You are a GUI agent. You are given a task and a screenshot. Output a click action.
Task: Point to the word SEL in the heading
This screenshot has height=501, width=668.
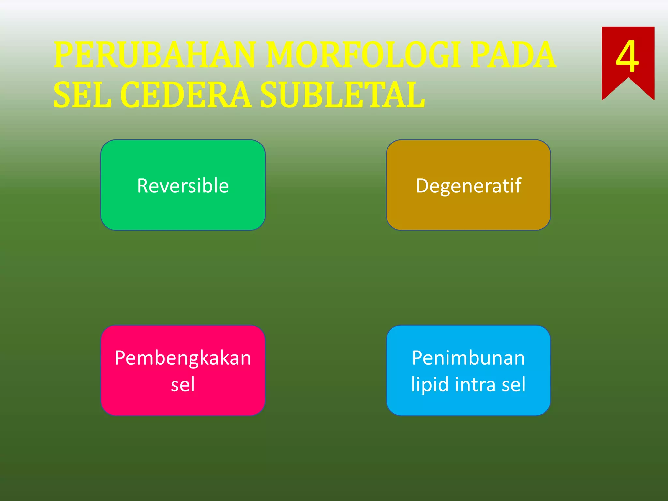pyautogui.click(x=82, y=95)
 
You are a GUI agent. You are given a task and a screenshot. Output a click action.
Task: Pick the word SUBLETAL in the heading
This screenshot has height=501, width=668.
pyautogui.click(x=342, y=95)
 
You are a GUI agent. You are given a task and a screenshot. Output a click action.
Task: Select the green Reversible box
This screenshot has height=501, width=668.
pyautogui.click(x=183, y=212)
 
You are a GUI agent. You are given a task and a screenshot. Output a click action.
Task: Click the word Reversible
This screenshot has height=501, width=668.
pyautogui.click(x=183, y=186)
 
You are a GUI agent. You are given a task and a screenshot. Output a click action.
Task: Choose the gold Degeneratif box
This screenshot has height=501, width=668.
pyautogui.click(x=468, y=212)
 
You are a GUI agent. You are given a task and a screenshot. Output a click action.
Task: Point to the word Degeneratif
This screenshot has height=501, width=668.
pyautogui.click(x=468, y=186)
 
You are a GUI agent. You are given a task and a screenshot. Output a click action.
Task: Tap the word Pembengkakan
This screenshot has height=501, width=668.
pyautogui.click(x=183, y=358)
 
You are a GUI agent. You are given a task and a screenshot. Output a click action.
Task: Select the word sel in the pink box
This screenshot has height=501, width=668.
pyautogui.click(x=183, y=384)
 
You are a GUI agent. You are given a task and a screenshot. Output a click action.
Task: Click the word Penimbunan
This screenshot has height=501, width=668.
pyautogui.click(x=468, y=358)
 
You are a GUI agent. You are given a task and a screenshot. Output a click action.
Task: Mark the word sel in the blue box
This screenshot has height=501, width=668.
pyautogui.click(x=513, y=384)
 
